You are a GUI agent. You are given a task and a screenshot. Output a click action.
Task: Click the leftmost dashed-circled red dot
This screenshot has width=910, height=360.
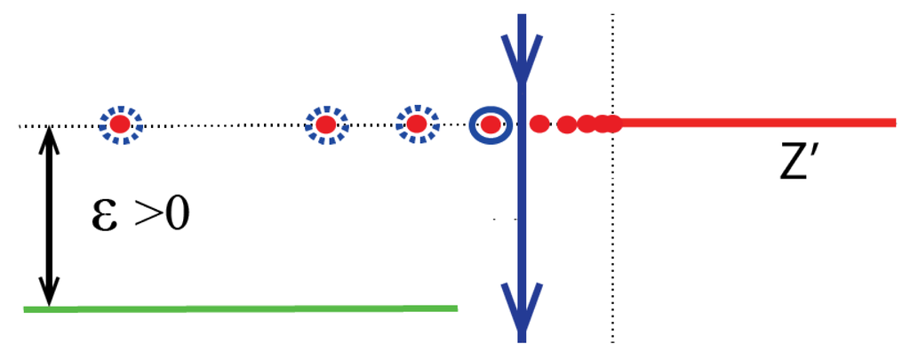coord(120,126)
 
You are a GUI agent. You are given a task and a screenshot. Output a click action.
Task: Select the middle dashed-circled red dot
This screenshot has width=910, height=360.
coord(326,125)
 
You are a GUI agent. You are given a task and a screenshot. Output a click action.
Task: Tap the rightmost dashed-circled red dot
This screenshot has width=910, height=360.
coord(416,125)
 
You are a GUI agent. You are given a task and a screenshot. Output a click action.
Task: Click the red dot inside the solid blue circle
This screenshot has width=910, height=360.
coord(491,125)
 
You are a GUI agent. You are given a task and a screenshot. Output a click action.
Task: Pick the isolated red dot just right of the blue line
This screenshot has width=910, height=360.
coord(539,124)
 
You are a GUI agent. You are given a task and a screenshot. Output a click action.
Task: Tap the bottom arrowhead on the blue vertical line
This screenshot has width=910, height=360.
coord(522,302)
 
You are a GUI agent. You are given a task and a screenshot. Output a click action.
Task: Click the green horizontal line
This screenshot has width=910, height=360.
coord(240,308)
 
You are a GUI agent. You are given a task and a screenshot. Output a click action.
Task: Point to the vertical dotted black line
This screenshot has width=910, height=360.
coord(612,249)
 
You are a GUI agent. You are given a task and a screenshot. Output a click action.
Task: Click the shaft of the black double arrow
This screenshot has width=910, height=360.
coord(50,218)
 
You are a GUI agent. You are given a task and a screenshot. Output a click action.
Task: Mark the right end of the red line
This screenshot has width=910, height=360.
coord(892,122)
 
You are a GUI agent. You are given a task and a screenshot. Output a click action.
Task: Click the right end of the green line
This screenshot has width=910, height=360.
coord(454,308)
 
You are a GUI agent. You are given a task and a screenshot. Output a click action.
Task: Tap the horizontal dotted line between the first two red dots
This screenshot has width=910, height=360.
coord(222,125)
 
